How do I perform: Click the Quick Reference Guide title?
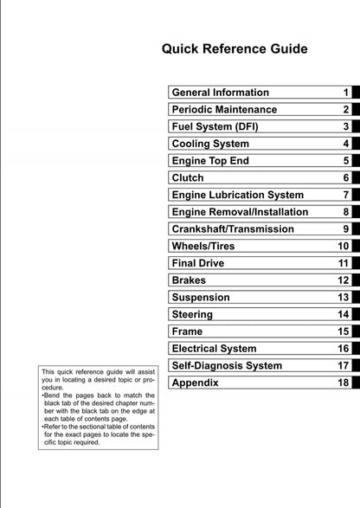click(x=235, y=48)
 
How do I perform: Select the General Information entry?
click(x=221, y=92)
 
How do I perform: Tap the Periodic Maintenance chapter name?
click(x=225, y=109)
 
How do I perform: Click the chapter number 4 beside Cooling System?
click(x=345, y=144)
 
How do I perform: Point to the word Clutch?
click(x=188, y=177)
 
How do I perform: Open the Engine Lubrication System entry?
click(x=238, y=195)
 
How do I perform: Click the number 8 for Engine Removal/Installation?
click(x=345, y=212)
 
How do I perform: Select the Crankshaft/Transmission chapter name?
click(x=233, y=229)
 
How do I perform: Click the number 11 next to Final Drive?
click(x=343, y=263)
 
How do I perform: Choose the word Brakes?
click(x=190, y=280)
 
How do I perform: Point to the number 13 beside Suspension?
click(x=343, y=298)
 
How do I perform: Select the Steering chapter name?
click(x=192, y=314)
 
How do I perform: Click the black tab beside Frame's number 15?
click(x=355, y=331)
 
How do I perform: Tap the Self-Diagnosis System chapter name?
click(x=228, y=366)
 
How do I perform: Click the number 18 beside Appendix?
click(x=343, y=383)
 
